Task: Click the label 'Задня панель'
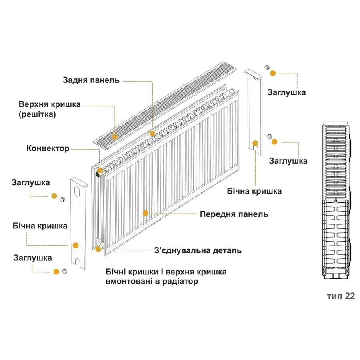91,80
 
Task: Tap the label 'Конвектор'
48,148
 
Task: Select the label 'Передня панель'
234,214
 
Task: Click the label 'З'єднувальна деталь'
198,251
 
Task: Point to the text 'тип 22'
340,296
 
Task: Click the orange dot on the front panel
146,213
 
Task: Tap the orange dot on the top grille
115,137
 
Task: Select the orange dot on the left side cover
75,245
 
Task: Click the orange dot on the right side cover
255,143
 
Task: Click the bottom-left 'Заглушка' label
32,258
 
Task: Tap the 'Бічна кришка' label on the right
254,191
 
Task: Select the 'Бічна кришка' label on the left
40,226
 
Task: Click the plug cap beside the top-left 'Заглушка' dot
62,199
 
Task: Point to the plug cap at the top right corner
267,67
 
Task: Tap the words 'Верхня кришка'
50,104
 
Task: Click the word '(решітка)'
37,114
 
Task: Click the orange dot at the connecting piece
98,249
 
